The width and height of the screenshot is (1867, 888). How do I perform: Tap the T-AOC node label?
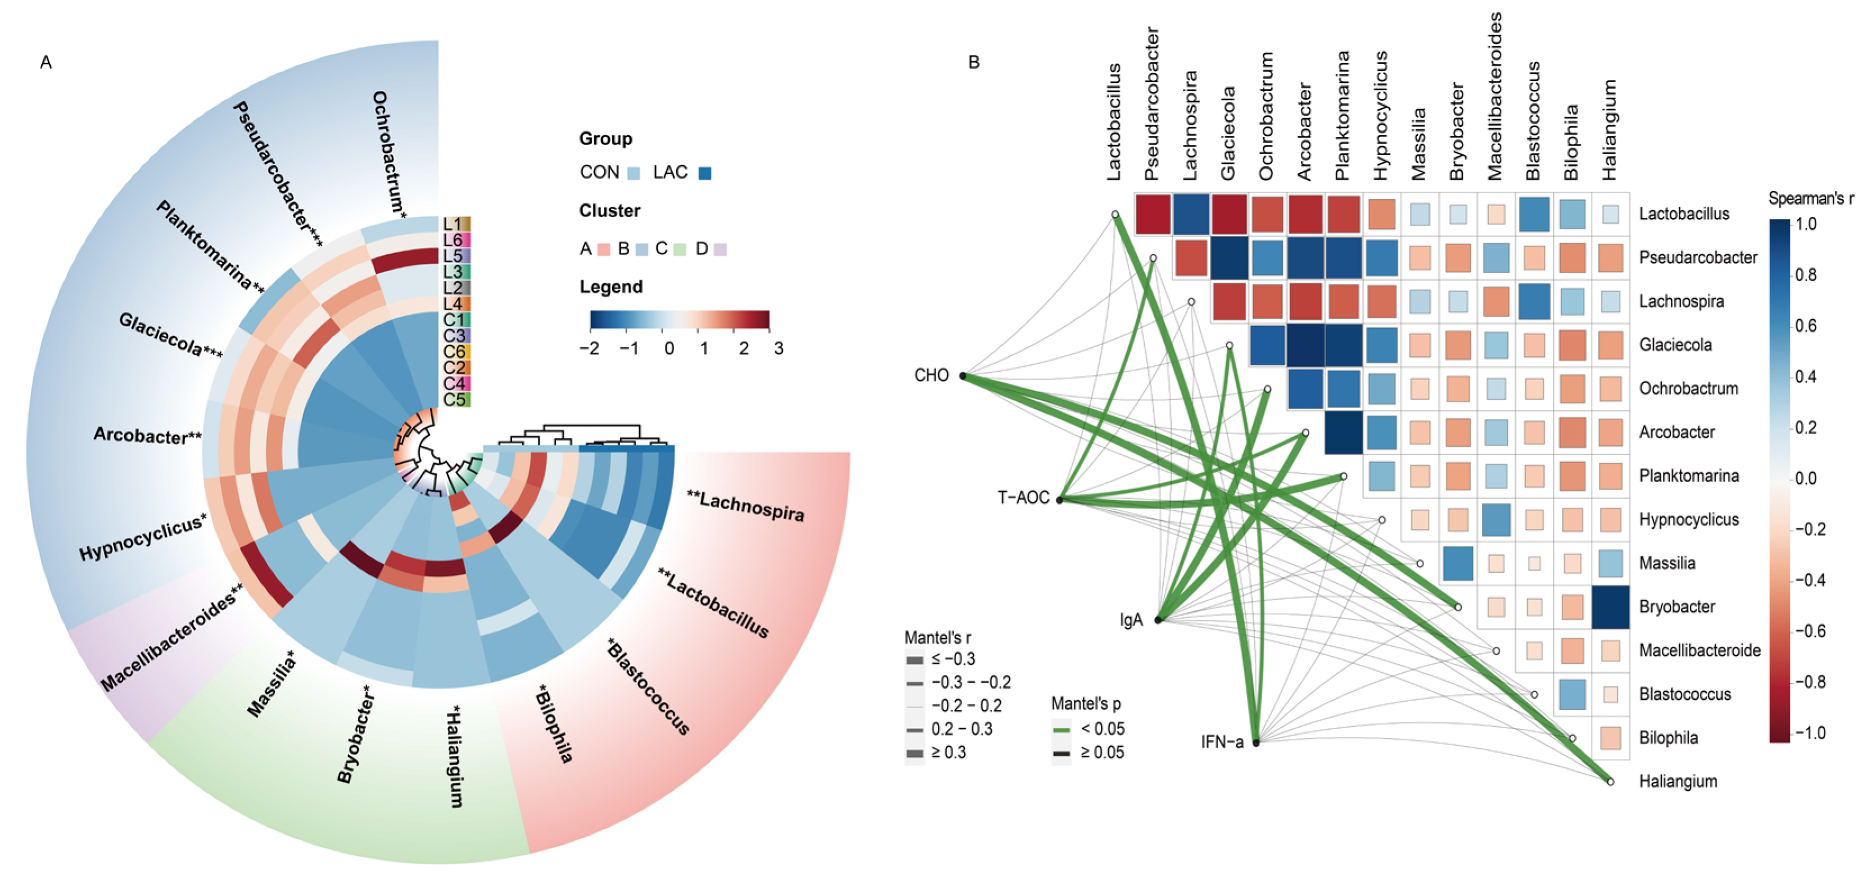click(x=1023, y=497)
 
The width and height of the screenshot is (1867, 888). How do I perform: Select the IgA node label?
click(x=1131, y=620)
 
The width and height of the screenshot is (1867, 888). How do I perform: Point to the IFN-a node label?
click(x=1222, y=742)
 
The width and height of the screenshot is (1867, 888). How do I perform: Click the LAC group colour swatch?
click(x=704, y=173)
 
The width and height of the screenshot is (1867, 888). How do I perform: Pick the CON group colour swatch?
click(x=634, y=173)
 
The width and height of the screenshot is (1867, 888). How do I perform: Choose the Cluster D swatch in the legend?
click(x=720, y=249)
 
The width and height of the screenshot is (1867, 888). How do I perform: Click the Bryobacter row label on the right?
click(x=1676, y=607)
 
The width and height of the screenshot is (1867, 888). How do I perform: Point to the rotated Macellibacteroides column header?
click(x=1494, y=96)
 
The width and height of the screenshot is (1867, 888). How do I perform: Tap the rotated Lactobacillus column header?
click(x=1114, y=122)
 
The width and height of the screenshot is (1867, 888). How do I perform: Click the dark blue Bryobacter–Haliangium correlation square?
click(x=1611, y=607)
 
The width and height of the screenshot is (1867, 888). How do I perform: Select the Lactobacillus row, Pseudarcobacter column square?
click(x=1154, y=214)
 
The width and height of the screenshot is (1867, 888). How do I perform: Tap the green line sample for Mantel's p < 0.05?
click(x=1061, y=730)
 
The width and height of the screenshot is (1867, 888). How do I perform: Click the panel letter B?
click(x=974, y=62)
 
